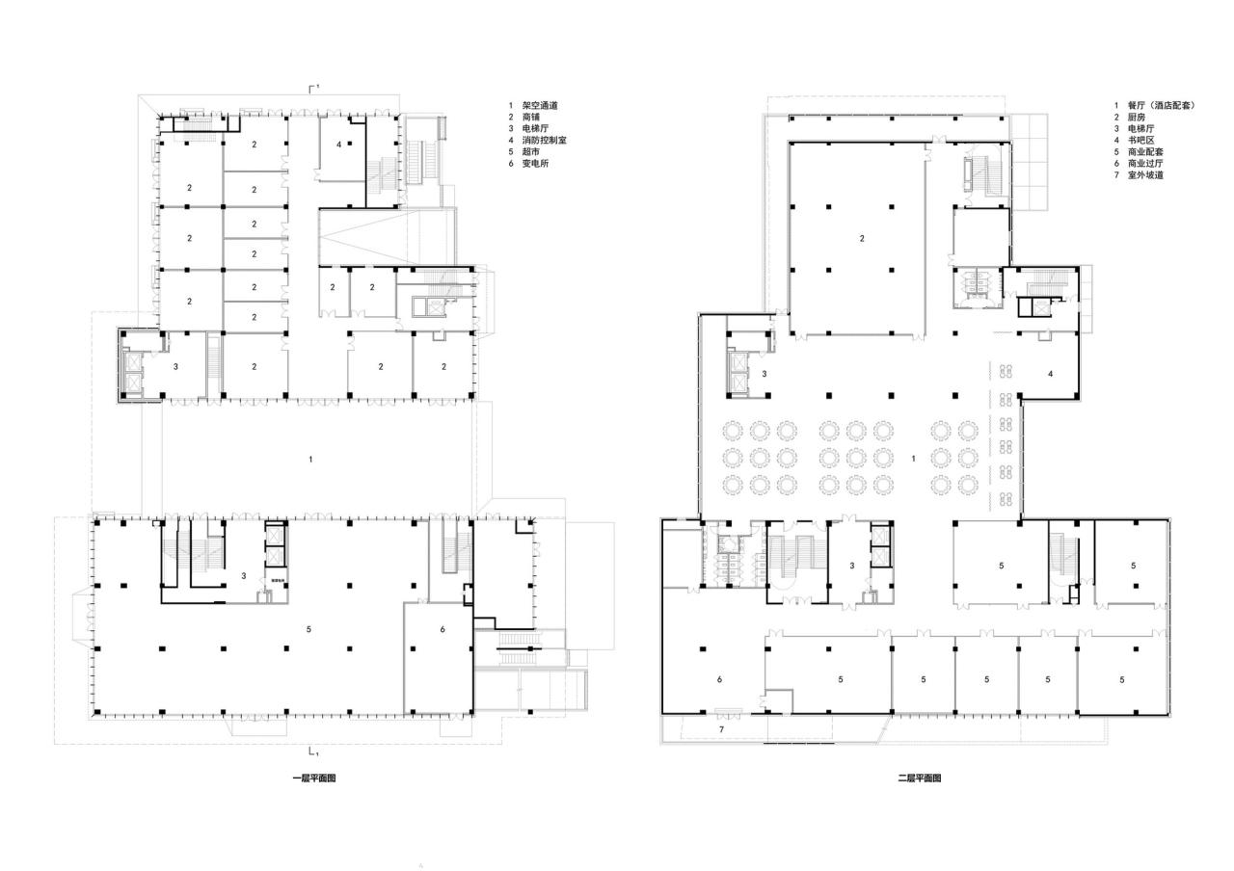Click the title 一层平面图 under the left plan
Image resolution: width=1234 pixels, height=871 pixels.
(x=314, y=778)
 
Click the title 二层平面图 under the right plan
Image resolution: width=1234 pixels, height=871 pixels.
(x=919, y=778)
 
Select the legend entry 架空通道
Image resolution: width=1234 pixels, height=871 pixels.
(x=541, y=106)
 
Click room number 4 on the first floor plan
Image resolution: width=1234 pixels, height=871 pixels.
(x=339, y=144)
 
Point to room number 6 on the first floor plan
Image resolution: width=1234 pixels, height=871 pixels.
(x=443, y=629)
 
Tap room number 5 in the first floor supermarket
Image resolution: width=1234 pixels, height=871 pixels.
(x=308, y=629)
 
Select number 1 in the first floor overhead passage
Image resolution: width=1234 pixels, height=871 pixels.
(x=310, y=460)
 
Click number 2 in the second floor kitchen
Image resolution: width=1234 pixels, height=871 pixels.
(x=862, y=238)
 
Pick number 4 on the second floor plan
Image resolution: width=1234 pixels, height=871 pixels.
(x=1051, y=372)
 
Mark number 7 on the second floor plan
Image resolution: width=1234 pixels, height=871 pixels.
(x=720, y=730)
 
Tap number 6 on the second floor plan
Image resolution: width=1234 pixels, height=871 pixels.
(x=720, y=679)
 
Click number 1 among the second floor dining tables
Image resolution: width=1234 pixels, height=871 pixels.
(x=912, y=459)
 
